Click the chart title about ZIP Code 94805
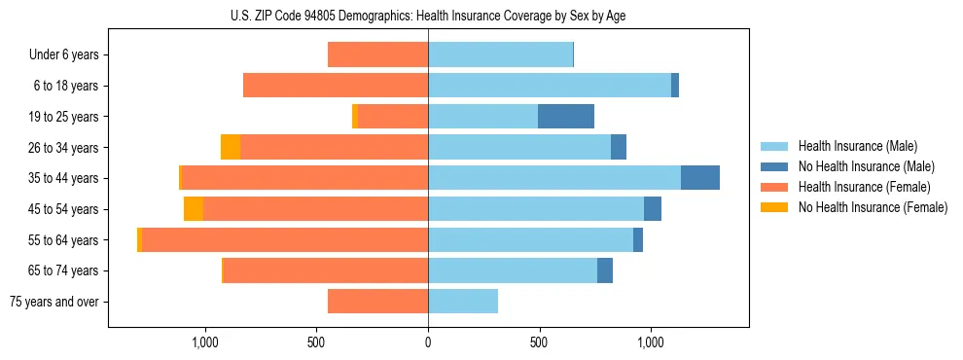428,16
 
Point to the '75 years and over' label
54,302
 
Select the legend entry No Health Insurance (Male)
866,166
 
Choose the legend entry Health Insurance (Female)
864,187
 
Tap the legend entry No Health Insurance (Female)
873,207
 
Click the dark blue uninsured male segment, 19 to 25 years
566,117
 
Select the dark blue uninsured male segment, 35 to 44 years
700,178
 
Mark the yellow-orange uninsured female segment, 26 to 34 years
231,147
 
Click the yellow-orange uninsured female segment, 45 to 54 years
194,209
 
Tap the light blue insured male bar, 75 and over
463,302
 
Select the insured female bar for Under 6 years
377,55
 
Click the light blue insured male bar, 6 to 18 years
550,86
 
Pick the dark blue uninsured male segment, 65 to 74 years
605,270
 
